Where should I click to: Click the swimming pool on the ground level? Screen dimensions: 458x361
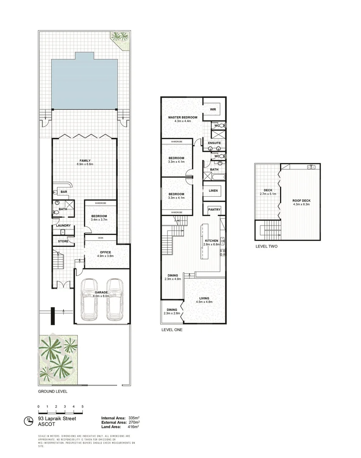click(84, 83)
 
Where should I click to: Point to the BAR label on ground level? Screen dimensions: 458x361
click(64, 192)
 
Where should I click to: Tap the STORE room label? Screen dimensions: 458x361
click(63, 242)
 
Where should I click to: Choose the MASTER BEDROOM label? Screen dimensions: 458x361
click(182, 117)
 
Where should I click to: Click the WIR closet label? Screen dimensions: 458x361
click(213, 109)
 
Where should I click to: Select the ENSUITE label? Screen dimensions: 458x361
click(214, 143)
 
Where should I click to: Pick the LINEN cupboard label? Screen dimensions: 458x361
click(213, 191)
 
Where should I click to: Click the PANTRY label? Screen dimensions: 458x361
click(214, 209)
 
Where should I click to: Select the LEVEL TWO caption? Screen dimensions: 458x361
click(266, 246)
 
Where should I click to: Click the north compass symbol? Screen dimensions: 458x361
click(29, 421)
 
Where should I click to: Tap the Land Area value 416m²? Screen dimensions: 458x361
click(134, 427)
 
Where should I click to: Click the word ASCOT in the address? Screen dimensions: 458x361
click(45, 424)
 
